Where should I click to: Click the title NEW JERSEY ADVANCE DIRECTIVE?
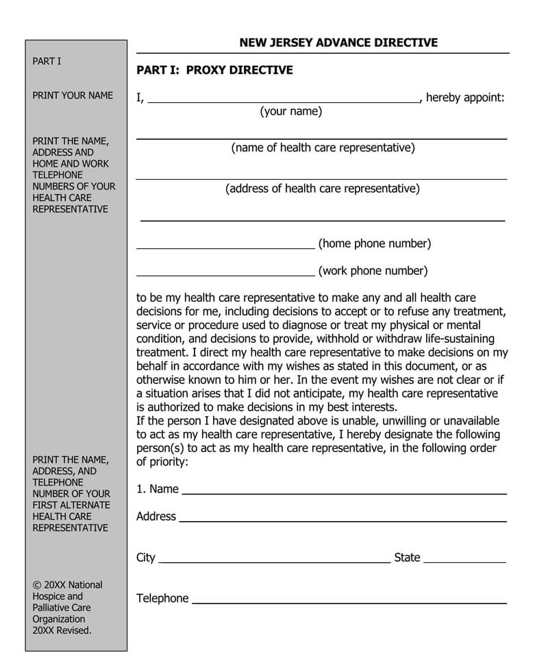[338, 43]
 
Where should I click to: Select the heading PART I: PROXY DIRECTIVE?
[214, 70]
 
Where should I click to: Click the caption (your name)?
[290, 112]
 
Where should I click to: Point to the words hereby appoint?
[465, 97]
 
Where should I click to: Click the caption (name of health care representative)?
[323, 147]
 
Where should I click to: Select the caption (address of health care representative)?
[323, 189]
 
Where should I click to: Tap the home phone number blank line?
[225, 247]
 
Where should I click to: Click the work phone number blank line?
[225, 274]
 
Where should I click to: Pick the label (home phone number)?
[375, 243]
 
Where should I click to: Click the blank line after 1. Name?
[344, 493]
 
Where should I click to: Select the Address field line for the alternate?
[342, 521]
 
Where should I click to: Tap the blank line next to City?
[274, 562]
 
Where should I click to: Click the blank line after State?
[464, 562]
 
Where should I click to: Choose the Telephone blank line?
[349, 603]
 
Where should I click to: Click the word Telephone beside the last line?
[162, 599]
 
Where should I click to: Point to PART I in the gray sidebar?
[47, 61]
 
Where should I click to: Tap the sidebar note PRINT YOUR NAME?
[73, 95]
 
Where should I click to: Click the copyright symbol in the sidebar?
[36, 585]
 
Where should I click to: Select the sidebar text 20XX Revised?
[62, 630]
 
